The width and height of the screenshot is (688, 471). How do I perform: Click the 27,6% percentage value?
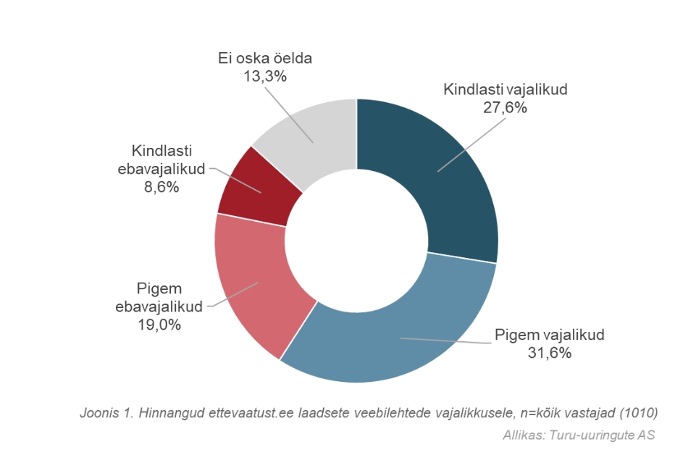click(x=505, y=108)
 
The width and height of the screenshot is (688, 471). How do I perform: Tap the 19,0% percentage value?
click(x=159, y=324)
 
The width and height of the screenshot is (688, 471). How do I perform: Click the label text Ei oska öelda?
click(x=264, y=57)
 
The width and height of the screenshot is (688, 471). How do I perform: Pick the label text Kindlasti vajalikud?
click(x=505, y=91)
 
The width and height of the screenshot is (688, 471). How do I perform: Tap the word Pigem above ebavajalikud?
click(x=159, y=288)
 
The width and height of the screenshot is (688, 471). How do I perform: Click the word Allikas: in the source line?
click(x=524, y=436)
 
